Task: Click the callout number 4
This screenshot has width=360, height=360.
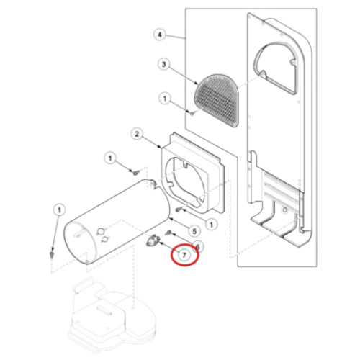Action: coord(160,35)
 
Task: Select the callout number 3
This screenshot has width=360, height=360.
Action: coord(163,64)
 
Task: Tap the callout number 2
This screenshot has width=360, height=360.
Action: coord(137,134)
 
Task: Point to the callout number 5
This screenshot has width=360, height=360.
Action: coord(194,231)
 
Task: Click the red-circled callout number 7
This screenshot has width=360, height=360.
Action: coord(184,255)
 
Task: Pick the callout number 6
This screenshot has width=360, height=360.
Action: coord(197,246)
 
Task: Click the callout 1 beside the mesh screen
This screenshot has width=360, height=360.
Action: coord(165,99)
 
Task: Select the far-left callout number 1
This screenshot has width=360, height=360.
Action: coord(59,210)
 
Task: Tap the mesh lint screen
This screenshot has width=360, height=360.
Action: coord(217,101)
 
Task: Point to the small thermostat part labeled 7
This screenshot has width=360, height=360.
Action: coord(152,240)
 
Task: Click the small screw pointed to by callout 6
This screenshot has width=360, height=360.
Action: coord(168,233)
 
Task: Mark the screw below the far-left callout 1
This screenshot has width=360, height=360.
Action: coord(51,254)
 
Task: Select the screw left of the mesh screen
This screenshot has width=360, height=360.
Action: coord(193,113)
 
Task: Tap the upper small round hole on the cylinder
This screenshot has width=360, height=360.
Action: coord(101,231)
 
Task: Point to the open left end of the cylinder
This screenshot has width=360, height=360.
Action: coord(80,243)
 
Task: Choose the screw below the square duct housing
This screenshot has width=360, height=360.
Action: coord(178,210)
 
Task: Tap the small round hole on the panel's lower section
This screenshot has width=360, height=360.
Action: coord(284,210)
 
